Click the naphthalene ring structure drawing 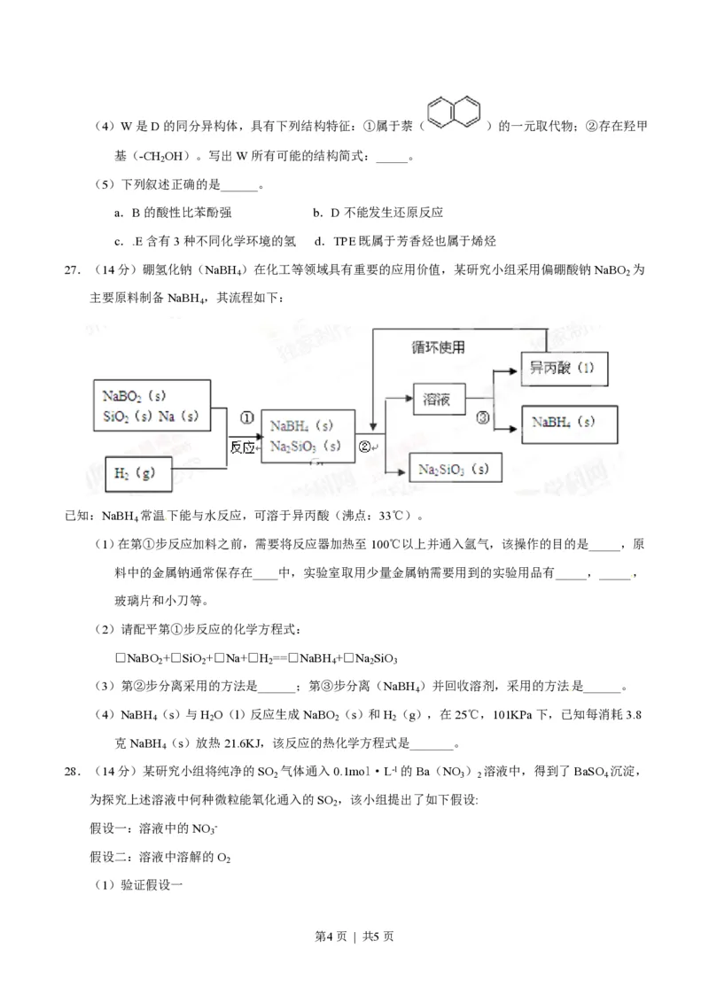(454, 112)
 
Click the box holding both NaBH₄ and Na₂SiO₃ (307, 435)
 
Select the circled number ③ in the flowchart (482, 417)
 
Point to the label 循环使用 (438, 346)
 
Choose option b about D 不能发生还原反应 (377, 213)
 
